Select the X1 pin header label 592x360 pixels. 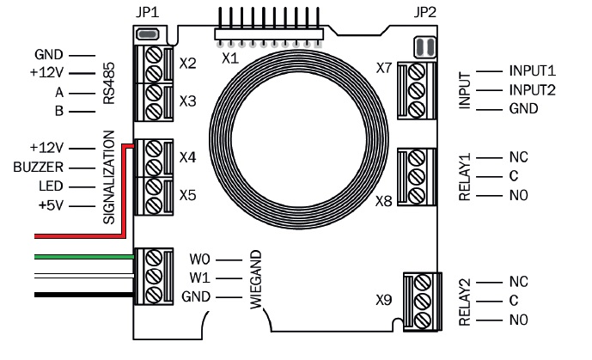229,58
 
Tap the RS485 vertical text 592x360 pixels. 108,85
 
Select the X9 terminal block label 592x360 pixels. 383,302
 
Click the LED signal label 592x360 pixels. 51,186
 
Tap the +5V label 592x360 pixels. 49,205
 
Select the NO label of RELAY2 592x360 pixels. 518,320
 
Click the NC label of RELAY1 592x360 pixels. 518,158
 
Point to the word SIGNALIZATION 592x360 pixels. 108,178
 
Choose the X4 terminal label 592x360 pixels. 188,158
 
